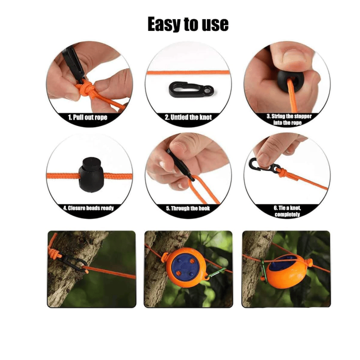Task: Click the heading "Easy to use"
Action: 188,24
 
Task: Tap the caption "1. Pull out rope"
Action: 88,118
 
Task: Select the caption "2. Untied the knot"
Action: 188,118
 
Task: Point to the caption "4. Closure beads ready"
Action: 88,208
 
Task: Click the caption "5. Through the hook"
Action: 188,208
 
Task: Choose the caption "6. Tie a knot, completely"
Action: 287,211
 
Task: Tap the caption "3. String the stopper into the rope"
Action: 289,119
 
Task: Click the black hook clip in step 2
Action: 191,89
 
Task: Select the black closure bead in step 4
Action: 91,174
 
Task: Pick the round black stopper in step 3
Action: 289,81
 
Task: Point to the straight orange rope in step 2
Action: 188,73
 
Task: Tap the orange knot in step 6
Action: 282,172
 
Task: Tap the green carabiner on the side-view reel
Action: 264,272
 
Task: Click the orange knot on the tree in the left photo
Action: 54,254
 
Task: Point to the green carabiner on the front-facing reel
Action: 217,273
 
